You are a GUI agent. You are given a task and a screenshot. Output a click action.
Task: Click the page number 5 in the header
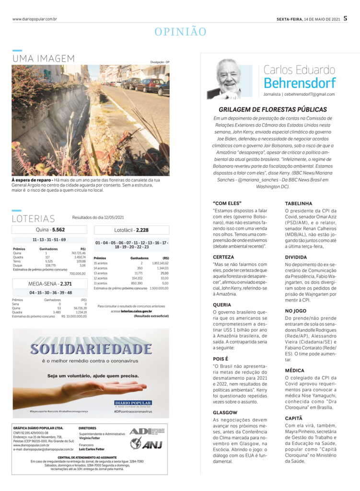click(x=345, y=19)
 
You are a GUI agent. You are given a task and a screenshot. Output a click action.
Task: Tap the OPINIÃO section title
click(x=180, y=32)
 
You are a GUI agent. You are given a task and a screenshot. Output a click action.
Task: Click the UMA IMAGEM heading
click(x=44, y=58)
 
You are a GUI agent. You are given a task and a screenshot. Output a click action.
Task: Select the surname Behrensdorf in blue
click(x=300, y=82)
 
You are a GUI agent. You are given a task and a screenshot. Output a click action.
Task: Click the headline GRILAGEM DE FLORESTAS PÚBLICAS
click(x=273, y=109)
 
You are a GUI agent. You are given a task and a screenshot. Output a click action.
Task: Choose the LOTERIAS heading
click(x=34, y=219)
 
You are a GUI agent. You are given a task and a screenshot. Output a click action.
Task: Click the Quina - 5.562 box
click(x=50, y=230)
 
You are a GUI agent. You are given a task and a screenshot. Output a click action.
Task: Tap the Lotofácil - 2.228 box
click(x=131, y=230)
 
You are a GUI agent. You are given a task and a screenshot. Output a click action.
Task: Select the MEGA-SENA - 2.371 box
click(x=50, y=283)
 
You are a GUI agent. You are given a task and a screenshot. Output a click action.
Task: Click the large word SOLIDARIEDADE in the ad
click(x=91, y=349)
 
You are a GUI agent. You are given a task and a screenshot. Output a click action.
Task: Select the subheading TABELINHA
click(x=298, y=203)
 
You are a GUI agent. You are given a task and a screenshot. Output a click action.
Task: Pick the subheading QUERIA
click(x=222, y=304)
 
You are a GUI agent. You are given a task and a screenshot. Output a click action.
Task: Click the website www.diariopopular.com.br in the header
click(x=35, y=19)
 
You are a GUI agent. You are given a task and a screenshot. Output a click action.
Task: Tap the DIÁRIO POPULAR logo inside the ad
click(x=133, y=403)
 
